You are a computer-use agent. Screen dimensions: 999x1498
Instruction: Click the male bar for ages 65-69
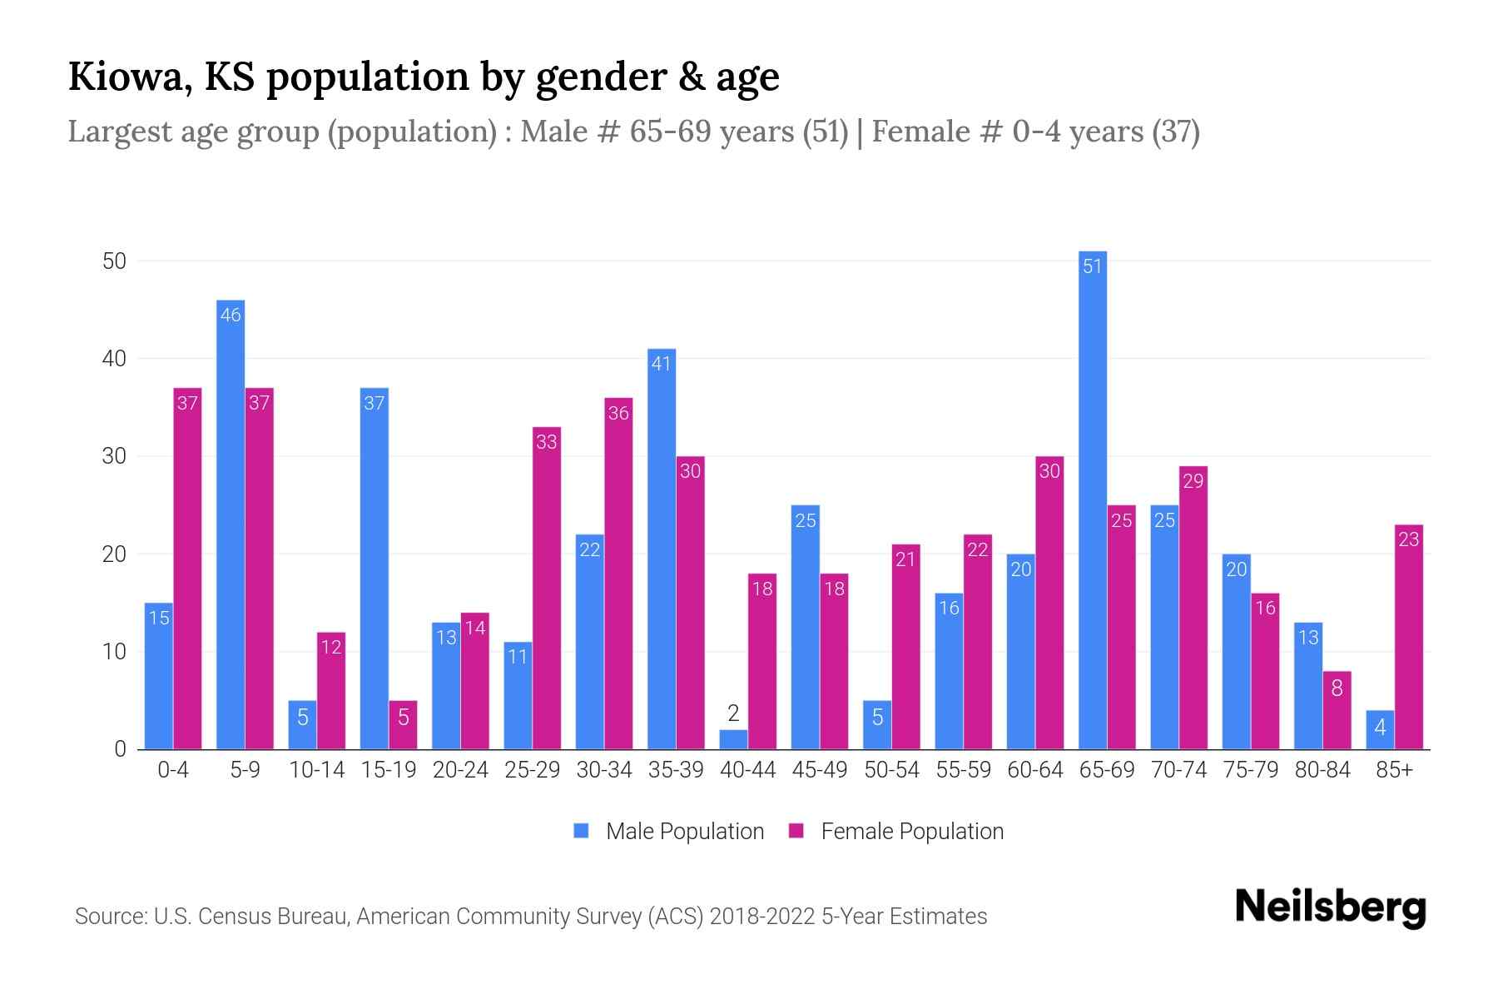(x=1093, y=499)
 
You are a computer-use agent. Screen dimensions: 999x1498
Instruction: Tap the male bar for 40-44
(x=733, y=740)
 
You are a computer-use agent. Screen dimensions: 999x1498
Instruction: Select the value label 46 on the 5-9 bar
(x=231, y=316)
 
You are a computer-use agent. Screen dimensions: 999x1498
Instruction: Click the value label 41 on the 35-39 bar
(x=661, y=364)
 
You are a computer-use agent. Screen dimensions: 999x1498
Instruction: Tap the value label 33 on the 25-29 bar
(x=547, y=442)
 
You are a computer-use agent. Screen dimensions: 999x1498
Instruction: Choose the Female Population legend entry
(x=896, y=832)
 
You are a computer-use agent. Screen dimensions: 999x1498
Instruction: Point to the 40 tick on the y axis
(x=114, y=359)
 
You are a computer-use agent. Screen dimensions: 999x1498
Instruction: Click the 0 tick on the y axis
(x=120, y=749)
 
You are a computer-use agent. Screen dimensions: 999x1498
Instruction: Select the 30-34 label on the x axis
(x=604, y=770)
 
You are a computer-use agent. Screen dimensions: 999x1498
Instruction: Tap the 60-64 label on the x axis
(x=1034, y=770)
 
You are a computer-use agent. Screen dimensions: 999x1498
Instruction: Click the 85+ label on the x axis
(x=1394, y=770)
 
